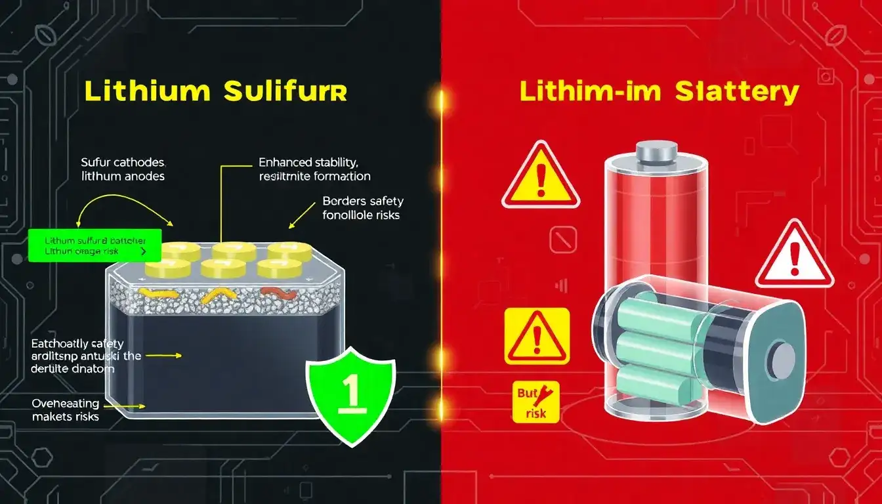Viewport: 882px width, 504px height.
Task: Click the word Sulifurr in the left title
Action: [285, 92]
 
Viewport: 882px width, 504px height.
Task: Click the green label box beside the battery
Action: [94, 245]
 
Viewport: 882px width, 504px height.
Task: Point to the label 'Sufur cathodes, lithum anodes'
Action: [123, 169]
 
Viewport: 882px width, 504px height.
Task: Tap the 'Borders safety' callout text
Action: [362, 207]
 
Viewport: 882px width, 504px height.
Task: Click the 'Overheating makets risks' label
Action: [65, 409]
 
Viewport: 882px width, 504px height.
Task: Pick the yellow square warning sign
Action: [537, 336]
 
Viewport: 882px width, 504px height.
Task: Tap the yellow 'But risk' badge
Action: [535, 402]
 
